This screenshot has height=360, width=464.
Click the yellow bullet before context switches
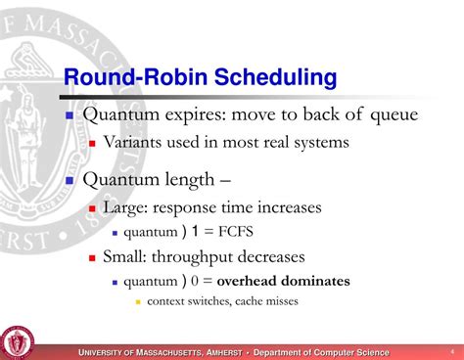(137, 301)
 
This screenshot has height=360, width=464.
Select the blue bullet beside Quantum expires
(70, 115)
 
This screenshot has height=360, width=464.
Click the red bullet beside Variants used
(94, 143)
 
